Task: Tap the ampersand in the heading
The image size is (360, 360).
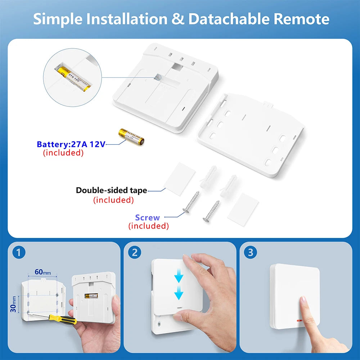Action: [x=178, y=19]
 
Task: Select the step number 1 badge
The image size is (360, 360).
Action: [x=19, y=253]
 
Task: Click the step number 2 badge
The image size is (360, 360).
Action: [x=135, y=253]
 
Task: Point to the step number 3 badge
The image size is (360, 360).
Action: [x=250, y=253]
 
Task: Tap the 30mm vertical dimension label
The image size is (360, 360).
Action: [x=13, y=304]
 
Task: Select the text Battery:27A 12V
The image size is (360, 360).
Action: [x=71, y=144]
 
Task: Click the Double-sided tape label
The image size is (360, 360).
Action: [x=111, y=190]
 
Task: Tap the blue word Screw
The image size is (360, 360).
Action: [x=147, y=217]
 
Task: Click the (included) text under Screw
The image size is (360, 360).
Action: [x=148, y=226]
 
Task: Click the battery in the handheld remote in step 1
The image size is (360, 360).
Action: [x=91, y=296]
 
